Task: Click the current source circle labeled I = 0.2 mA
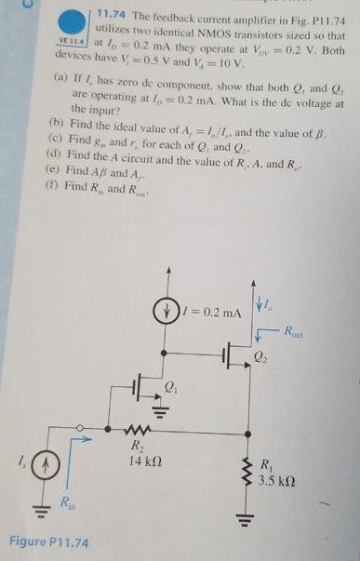pyautogui.click(x=168, y=311)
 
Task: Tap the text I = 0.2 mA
pyautogui.click(x=205, y=311)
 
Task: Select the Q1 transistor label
pyautogui.click(x=170, y=384)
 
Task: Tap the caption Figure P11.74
pyautogui.click(x=47, y=541)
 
